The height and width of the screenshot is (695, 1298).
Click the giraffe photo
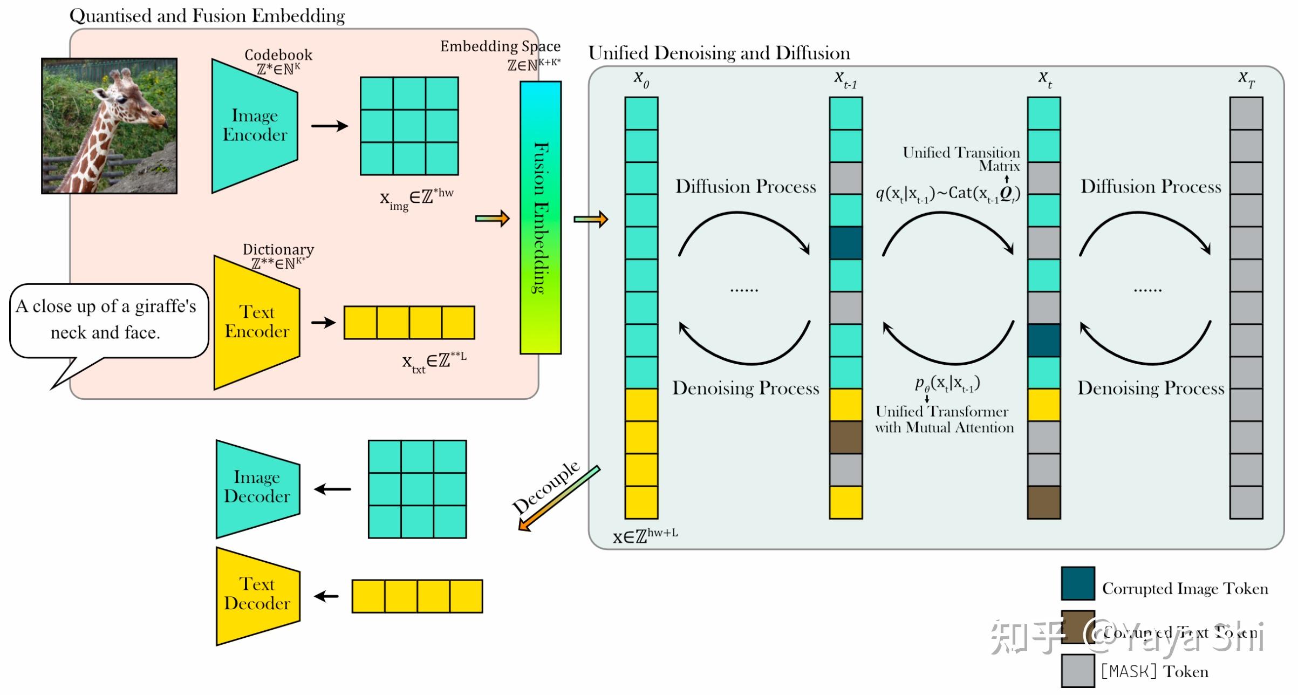pos(109,126)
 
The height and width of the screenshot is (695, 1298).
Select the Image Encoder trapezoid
pos(254,126)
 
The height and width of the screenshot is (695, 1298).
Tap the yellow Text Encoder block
pos(256,322)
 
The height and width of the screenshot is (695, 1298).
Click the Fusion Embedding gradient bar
pos(540,217)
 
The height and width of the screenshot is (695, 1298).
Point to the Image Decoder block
pos(257,488)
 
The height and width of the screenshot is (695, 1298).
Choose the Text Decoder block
pos(257,595)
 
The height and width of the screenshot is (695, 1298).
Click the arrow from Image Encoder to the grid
pos(329,126)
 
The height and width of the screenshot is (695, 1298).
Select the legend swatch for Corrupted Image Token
pos(1077,583)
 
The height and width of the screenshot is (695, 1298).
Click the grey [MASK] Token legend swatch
pos(1077,670)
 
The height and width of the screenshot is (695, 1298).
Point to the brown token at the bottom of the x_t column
pos(1043,502)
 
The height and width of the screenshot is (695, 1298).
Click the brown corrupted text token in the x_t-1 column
pos(845,437)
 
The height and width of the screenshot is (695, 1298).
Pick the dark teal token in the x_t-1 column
pos(845,243)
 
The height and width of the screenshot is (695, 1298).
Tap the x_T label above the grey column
pos(1246,79)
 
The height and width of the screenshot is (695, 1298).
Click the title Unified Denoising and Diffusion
pos(719,53)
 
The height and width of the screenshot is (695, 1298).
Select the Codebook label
pos(278,54)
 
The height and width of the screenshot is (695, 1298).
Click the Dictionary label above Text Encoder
pos(278,249)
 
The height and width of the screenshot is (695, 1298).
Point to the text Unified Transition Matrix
pos(961,159)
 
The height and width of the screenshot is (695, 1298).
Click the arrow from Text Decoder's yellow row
pos(326,596)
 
